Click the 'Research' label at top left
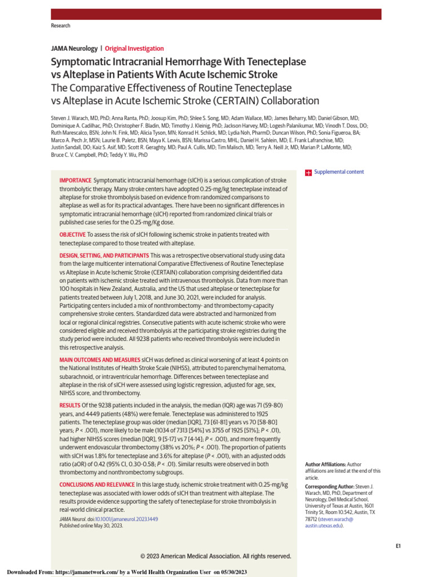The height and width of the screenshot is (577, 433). click(60, 26)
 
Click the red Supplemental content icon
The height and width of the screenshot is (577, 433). click(308, 172)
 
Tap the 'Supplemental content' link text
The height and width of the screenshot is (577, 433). click(339, 172)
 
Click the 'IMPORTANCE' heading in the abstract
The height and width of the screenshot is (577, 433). click(75, 180)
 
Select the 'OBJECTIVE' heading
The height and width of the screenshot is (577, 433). click(73, 234)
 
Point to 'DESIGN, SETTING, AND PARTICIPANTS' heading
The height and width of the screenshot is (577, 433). click(104, 255)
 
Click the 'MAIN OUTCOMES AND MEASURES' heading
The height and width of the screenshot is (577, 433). click(99, 359)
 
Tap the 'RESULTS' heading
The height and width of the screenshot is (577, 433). click(70, 406)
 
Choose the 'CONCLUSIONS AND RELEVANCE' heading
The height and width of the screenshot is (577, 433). click(97, 485)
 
